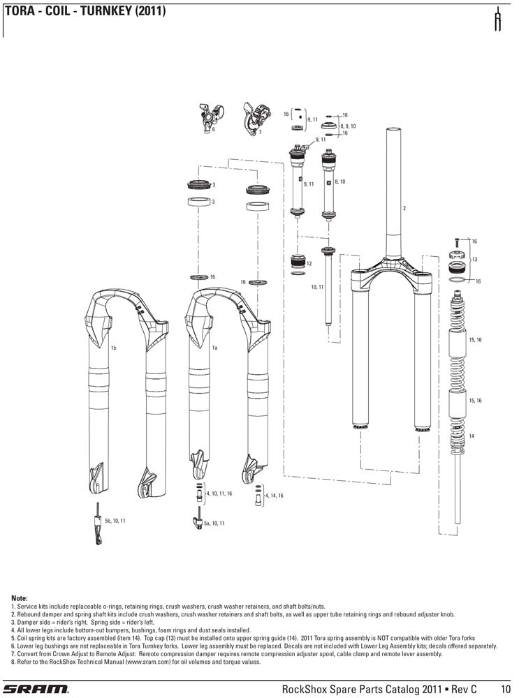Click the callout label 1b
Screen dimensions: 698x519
pos(113,347)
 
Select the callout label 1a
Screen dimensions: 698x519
pos(216,347)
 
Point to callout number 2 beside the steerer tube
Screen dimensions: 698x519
pos(404,209)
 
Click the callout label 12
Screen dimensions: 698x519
pos(309,263)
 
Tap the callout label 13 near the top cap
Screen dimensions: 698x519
pos(474,259)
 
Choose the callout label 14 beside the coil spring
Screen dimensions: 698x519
pos(472,436)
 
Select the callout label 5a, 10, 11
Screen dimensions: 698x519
pos(214,523)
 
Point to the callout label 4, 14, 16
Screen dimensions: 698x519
pos(275,495)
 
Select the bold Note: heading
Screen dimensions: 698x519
pos(20,599)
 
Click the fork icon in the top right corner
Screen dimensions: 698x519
pos(498,20)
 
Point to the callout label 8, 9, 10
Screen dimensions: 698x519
pos(348,126)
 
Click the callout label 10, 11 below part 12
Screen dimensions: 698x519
pos(317,287)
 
